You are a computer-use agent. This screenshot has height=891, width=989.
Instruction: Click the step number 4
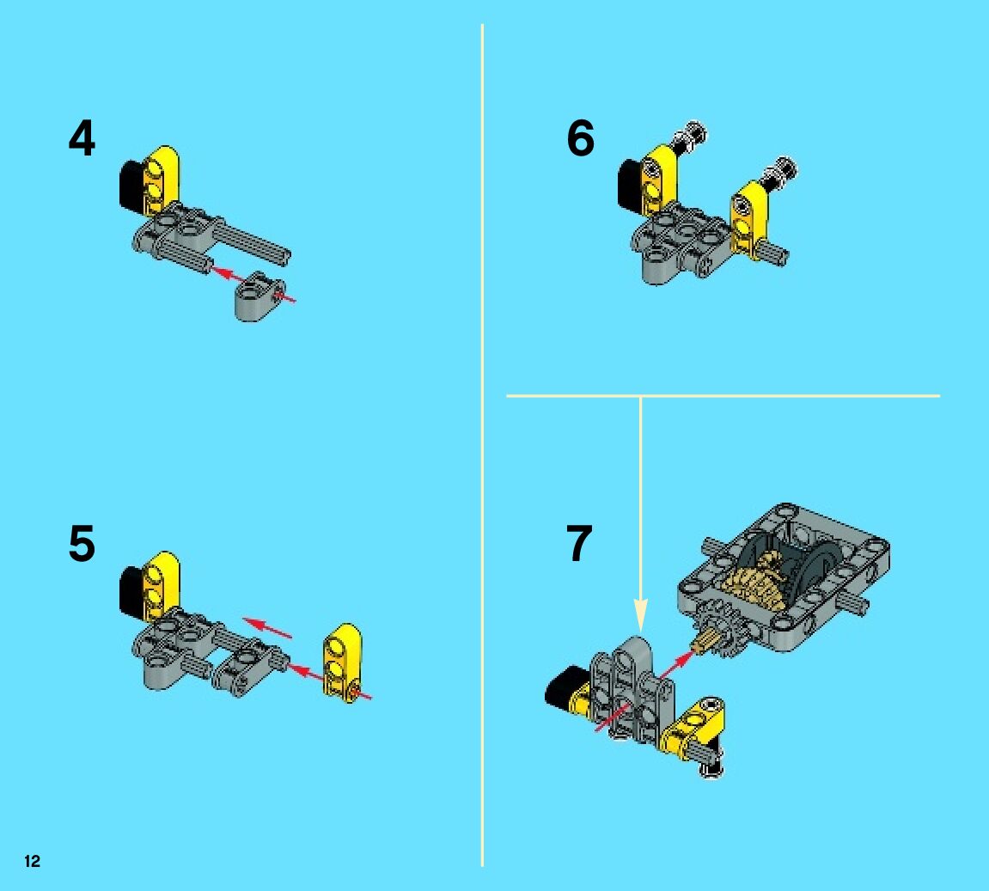tap(82, 138)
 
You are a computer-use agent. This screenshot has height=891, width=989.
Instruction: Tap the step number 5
tap(82, 543)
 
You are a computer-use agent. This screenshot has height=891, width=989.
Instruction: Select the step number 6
tap(580, 138)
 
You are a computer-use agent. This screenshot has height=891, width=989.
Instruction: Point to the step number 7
tap(579, 543)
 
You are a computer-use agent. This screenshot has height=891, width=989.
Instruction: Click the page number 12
tap(32, 862)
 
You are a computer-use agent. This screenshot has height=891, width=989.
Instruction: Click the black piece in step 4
tap(131, 185)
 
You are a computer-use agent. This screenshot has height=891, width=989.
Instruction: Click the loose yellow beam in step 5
tap(343, 662)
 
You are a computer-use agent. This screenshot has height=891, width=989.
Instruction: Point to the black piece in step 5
tap(131, 590)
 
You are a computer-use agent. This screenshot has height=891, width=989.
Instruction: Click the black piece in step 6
tap(630, 184)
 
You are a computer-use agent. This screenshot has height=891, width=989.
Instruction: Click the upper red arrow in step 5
tap(268, 628)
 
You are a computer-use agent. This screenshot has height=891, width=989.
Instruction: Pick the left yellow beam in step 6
tap(658, 180)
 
